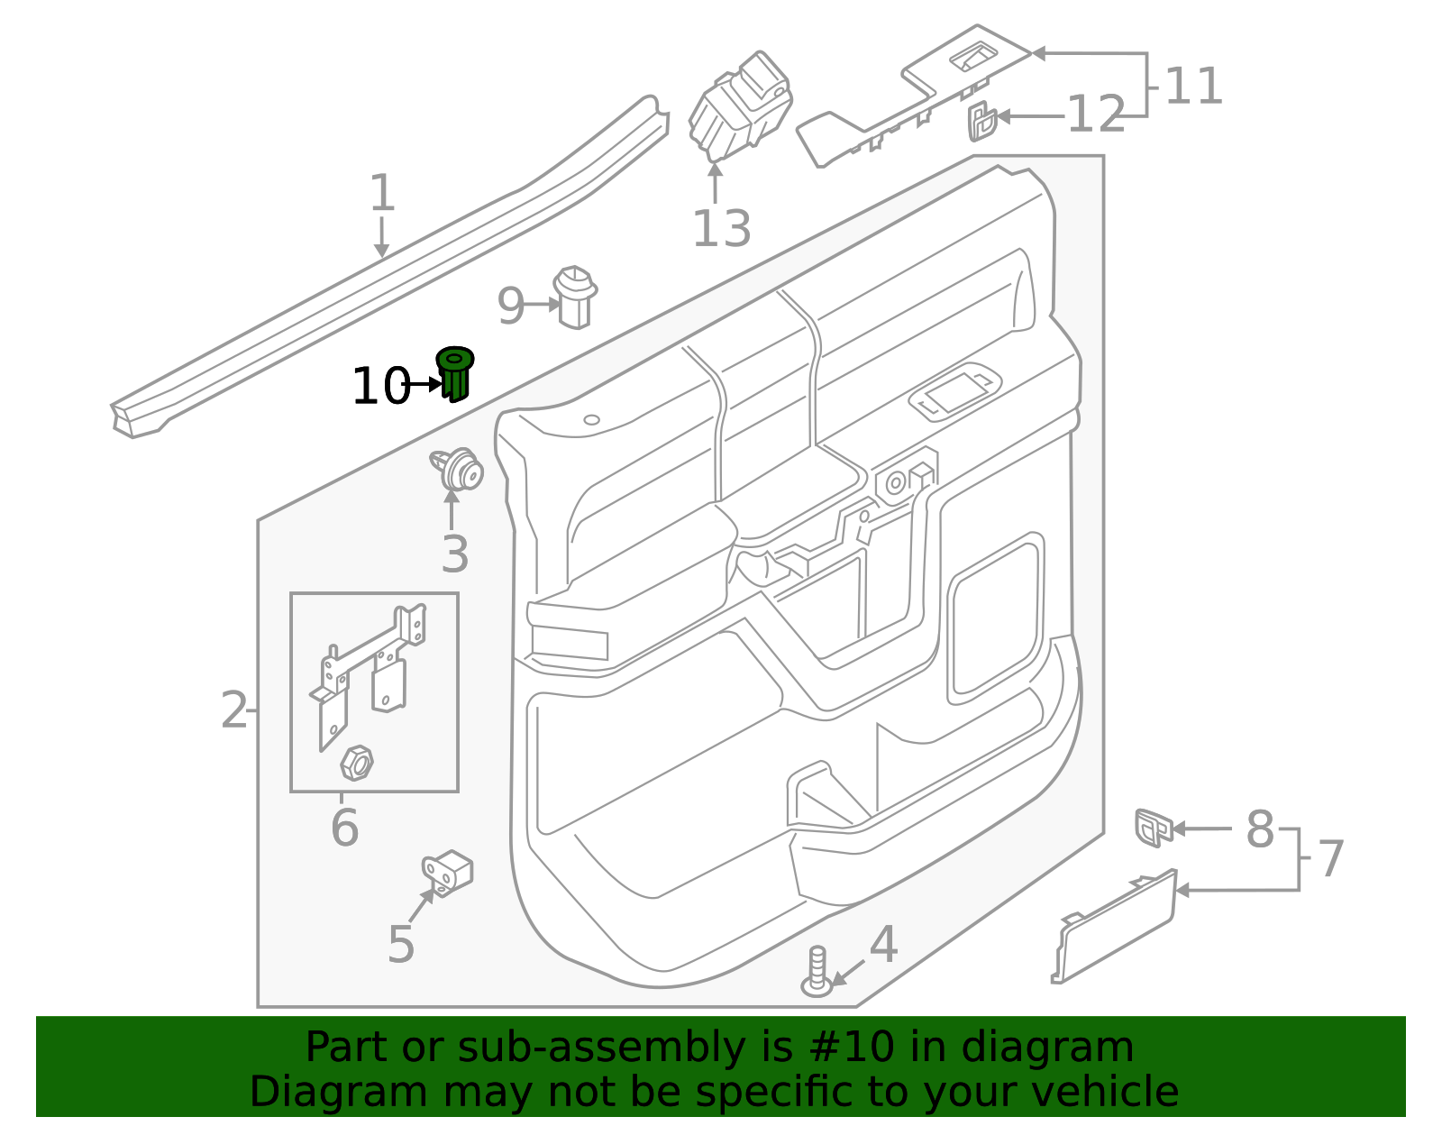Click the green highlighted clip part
pyautogui.click(x=455, y=373)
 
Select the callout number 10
pyautogui.click(x=379, y=387)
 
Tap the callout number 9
pyautogui.click(x=510, y=307)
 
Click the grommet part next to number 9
pyautogui.click(x=575, y=298)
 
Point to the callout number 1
pyautogui.click(x=382, y=194)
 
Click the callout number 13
pyautogui.click(x=721, y=229)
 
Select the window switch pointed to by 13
pyautogui.click(x=742, y=105)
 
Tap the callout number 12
pyautogui.click(x=1095, y=115)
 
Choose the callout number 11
pyautogui.click(x=1193, y=87)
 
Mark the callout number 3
pyautogui.click(x=454, y=554)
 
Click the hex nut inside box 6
pyautogui.click(x=357, y=763)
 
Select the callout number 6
pyautogui.click(x=344, y=828)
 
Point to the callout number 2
pyautogui.click(x=233, y=711)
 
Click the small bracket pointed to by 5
pyautogui.click(x=448, y=872)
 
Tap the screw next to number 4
pyautogui.click(x=817, y=972)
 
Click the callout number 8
pyautogui.click(x=1259, y=829)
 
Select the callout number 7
pyautogui.click(x=1330, y=859)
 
